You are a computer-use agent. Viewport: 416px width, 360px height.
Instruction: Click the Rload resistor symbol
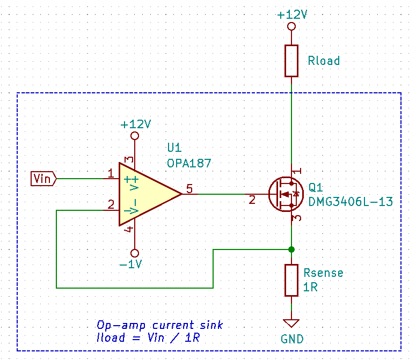291,61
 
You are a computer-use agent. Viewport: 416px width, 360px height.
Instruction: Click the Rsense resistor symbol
291,280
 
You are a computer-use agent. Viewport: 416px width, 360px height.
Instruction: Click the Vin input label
42,178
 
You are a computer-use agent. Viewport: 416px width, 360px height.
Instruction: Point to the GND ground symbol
291,324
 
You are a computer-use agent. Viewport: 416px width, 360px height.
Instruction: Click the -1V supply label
130,264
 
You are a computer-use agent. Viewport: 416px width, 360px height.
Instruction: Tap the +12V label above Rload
292,14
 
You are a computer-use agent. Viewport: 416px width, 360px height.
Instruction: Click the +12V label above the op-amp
135,124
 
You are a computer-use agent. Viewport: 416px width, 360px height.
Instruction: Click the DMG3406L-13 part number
351,202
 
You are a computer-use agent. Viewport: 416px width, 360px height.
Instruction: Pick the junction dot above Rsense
291,249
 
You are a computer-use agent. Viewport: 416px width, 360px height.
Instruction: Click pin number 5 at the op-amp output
189,188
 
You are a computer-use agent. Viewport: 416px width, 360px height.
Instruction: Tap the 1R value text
310,286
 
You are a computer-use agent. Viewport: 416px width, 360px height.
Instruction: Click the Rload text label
324,61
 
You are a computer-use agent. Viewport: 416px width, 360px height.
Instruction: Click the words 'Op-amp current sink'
159,326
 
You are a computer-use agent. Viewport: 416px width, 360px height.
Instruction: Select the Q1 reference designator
316,188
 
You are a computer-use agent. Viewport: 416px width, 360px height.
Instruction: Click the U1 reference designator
175,148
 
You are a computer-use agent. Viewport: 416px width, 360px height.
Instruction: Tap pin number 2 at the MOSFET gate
252,200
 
